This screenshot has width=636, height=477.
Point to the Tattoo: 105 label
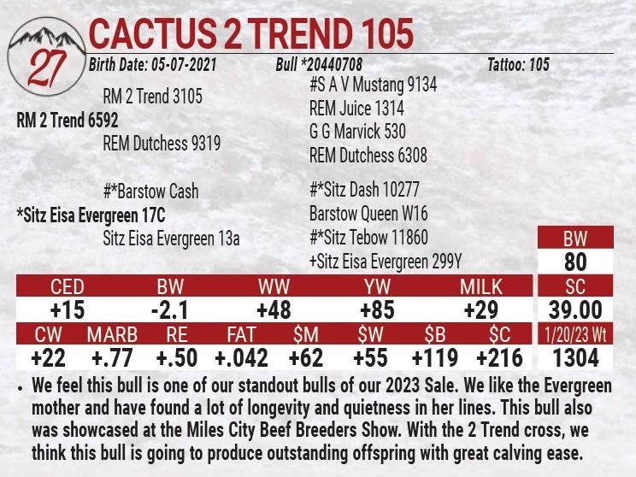click(x=518, y=65)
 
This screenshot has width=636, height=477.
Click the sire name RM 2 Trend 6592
click(x=68, y=121)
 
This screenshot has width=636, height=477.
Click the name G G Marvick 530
click(x=357, y=132)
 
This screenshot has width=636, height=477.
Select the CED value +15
click(x=68, y=309)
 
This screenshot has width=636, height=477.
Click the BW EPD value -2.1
click(x=169, y=309)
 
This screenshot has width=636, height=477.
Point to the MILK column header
click(x=481, y=286)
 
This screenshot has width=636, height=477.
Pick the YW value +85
click(x=377, y=309)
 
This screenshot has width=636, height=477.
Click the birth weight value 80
click(x=574, y=262)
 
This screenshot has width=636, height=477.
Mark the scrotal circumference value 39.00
click(x=574, y=309)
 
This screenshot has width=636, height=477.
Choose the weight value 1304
click(x=574, y=357)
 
